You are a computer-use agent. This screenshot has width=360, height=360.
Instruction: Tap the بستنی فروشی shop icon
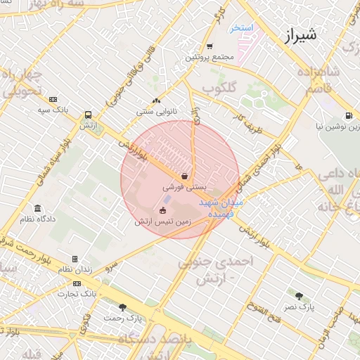tap(184, 176)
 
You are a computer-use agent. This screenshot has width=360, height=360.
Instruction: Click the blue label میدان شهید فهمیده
tap(222, 205)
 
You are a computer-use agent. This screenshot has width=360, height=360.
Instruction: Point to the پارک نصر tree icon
tap(300, 296)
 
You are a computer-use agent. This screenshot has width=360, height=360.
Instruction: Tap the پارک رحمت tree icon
tap(123, 307)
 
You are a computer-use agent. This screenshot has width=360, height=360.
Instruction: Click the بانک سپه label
tap(53, 110)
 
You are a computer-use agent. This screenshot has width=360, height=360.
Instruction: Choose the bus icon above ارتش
tap(88, 115)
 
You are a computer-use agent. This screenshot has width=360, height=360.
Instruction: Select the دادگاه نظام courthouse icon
tap(37, 209)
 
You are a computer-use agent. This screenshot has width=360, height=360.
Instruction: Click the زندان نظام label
tap(75, 269)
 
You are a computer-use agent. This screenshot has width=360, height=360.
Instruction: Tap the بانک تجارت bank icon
tap(77, 283)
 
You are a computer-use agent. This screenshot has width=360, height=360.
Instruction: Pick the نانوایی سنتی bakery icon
tap(156, 101)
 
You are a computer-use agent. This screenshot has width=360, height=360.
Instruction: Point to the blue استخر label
tap(241, 27)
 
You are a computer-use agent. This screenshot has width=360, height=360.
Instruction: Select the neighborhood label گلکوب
tap(219, 87)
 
